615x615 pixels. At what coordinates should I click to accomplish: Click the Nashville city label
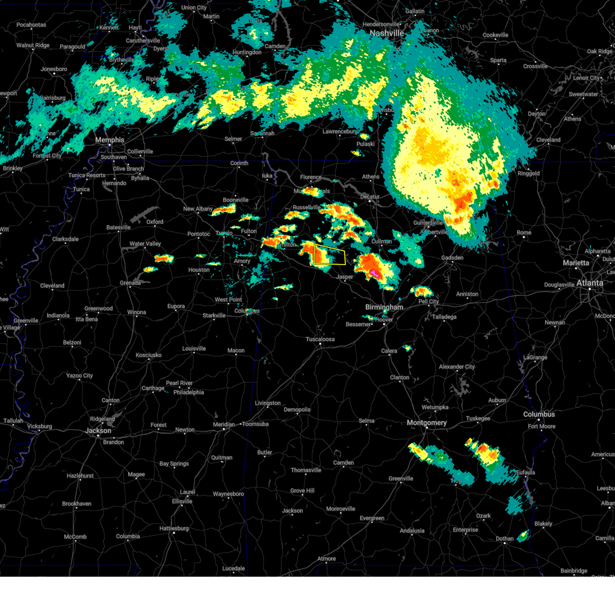(387, 33)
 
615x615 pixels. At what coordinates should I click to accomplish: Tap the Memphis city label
(109, 140)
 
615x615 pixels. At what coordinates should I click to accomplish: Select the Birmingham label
(384, 307)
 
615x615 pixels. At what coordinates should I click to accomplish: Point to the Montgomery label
(426, 423)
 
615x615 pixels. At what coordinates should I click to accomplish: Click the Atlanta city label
(589, 283)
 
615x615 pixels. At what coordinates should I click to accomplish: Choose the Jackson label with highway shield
(98, 430)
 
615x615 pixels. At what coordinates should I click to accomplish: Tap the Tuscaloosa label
(320, 339)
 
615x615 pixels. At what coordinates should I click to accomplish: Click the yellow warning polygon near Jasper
(330, 255)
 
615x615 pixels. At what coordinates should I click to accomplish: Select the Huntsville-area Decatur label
(370, 197)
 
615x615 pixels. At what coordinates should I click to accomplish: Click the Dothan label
(504, 539)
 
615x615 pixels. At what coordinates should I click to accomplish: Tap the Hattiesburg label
(174, 528)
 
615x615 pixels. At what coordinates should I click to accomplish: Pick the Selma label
(366, 421)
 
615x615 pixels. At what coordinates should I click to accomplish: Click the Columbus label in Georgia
(539, 414)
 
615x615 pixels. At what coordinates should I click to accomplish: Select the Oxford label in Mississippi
(155, 222)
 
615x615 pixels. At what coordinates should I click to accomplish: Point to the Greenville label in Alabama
(401, 479)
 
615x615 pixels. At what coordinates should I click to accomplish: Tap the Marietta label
(576, 263)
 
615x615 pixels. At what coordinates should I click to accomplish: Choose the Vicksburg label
(39, 426)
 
